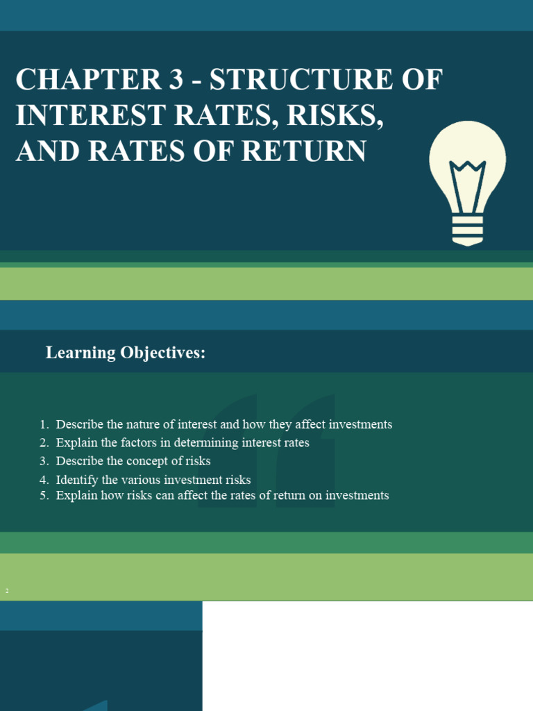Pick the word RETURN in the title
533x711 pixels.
click(305, 152)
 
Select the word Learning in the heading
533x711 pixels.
click(81, 353)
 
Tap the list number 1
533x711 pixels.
click(43, 424)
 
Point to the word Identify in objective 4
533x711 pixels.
click(76, 480)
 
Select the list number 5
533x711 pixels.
click(43, 496)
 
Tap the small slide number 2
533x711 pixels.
click(7, 591)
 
